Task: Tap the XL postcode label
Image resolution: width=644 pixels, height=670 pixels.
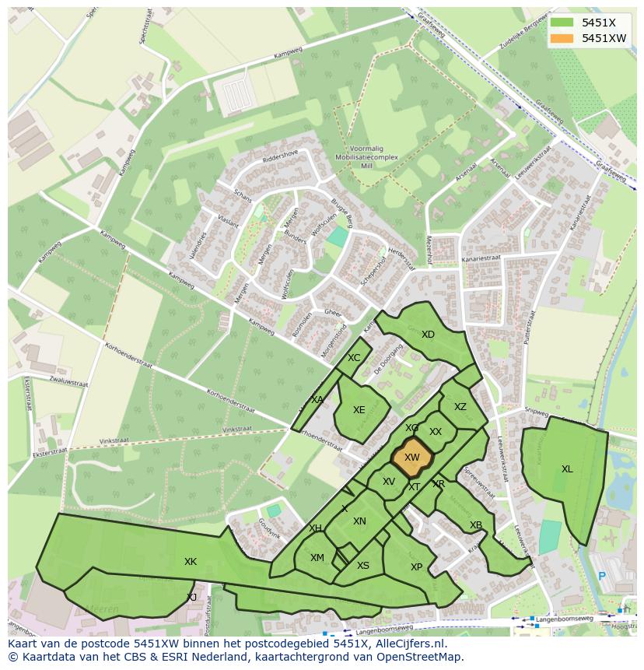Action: [x=567, y=469]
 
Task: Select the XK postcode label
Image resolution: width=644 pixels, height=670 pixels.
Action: [x=191, y=562]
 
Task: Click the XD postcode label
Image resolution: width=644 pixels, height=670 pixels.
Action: [x=428, y=335]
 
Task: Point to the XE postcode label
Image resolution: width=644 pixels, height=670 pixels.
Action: [x=359, y=410]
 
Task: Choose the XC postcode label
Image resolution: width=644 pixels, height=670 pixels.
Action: [x=354, y=358]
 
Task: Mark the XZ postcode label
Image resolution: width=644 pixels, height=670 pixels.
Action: [x=460, y=407]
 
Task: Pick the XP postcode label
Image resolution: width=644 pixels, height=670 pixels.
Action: [x=416, y=567]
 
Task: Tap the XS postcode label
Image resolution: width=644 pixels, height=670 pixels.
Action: [x=363, y=566]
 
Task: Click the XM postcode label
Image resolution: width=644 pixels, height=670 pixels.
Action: [x=317, y=558]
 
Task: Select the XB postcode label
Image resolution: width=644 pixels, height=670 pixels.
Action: [x=476, y=525]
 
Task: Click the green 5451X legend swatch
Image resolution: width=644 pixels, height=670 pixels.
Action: [x=562, y=23]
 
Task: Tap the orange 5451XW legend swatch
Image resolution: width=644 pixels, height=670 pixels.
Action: [x=562, y=38]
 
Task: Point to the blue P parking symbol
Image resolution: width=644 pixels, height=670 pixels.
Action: [x=601, y=577]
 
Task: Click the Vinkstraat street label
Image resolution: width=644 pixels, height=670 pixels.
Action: [x=237, y=430]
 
